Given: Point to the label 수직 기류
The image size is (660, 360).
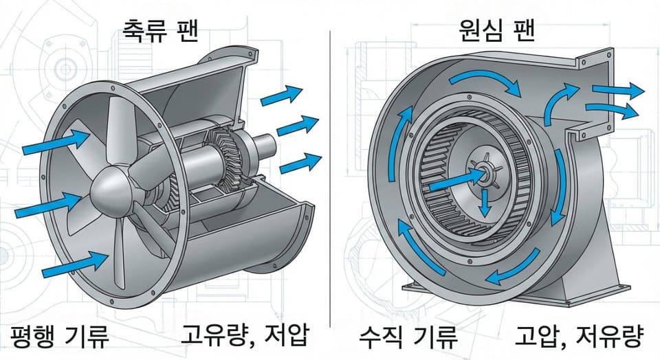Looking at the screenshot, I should [408, 337].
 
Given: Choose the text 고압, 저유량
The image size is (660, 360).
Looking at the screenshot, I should [580, 337].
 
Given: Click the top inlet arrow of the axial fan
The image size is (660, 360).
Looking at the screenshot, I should [56, 142].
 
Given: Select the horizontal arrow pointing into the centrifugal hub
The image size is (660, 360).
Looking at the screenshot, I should [454, 181].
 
